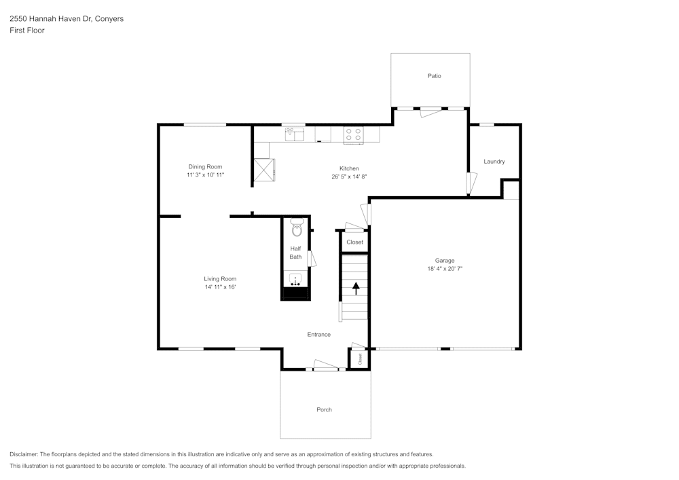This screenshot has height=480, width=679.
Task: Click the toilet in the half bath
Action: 297,227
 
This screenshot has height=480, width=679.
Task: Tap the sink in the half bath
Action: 296,280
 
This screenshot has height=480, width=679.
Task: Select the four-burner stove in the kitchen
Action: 354,134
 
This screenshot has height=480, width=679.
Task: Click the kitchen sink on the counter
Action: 295,134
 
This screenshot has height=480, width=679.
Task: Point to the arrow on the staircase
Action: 356,289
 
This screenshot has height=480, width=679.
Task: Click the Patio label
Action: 435,76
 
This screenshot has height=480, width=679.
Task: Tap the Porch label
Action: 325,409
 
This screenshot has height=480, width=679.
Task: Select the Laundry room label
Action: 494,162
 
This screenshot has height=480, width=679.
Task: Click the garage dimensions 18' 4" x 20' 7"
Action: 445,268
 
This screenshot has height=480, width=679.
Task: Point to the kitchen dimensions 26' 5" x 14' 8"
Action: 349,177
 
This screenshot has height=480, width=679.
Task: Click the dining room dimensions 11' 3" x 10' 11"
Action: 205,175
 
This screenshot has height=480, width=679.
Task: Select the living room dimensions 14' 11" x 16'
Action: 221,287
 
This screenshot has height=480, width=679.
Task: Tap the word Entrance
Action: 318,335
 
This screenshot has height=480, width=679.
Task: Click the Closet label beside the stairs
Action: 354,242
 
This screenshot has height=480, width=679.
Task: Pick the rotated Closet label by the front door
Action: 360,358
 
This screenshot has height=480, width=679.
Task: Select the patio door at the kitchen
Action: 430,112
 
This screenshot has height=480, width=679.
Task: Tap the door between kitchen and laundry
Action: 471,183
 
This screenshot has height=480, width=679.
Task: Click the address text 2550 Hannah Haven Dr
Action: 50,18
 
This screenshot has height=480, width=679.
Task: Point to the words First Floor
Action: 27,31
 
